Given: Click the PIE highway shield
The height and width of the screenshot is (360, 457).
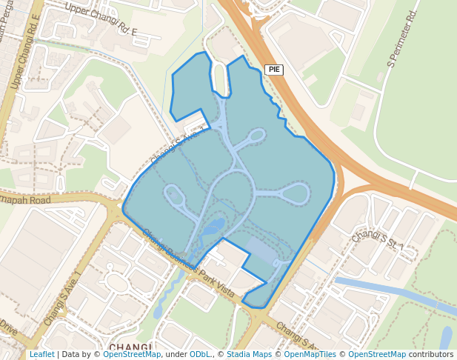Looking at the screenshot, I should [x=274, y=70].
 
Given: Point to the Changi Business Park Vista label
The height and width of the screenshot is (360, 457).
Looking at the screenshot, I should [x=188, y=264].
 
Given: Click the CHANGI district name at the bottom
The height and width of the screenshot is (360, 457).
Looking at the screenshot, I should [x=130, y=347].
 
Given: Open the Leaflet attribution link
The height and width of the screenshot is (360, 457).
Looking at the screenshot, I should [x=41, y=355].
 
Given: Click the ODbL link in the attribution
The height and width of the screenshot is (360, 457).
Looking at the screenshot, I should [x=199, y=355].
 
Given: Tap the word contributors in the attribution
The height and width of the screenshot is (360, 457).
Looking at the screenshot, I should [x=431, y=355].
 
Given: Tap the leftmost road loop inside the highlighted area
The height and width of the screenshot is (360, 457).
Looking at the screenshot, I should [x=175, y=196].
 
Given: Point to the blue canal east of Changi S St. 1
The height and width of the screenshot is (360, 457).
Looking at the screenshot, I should [x=385, y=291].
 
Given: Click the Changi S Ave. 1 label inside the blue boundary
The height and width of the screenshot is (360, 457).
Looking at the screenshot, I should [x=176, y=145].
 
